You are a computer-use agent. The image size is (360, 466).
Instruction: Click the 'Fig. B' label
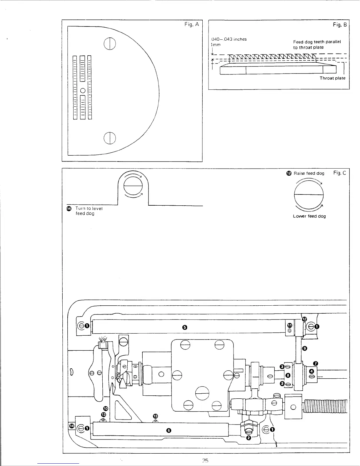point(340,25)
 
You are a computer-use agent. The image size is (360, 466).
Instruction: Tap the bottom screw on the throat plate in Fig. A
point(109,138)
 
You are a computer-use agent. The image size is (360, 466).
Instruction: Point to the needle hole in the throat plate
point(83,90)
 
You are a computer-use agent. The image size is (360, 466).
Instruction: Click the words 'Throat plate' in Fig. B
point(332,78)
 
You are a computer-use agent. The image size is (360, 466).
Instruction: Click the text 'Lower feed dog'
point(309,216)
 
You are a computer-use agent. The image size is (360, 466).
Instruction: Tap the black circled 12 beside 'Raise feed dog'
point(289,173)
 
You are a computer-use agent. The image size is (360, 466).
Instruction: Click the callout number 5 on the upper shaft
point(184,327)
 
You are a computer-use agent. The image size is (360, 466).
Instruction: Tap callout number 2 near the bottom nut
point(249,438)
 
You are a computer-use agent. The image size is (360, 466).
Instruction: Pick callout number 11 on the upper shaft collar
point(290,325)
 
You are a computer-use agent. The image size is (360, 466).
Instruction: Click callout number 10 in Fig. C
point(106,408)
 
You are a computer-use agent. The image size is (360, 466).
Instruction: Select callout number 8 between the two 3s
point(288,375)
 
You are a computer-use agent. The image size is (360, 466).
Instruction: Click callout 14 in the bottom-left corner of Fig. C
point(71,426)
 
